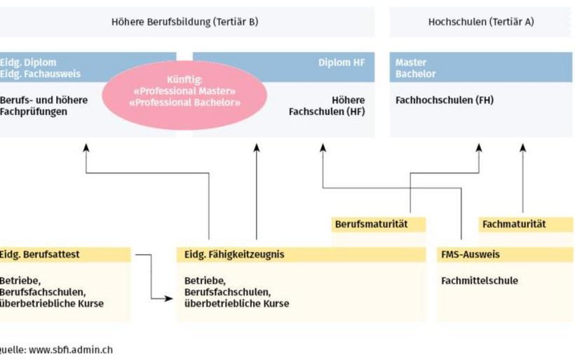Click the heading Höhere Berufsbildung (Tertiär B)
(x=184, y=22)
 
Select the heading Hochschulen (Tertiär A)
(x=480, y=22)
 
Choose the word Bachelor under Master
(x=415, y=74)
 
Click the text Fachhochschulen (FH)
(x=444, y=100)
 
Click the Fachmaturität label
(x=514, y=225)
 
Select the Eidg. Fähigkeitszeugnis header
(x=234, y=255)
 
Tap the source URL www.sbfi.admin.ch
(x=69, y=349)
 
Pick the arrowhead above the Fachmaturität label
(x=522, y=148)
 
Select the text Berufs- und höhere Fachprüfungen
(x=43, y=106)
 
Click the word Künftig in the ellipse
(x=184, y=80)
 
